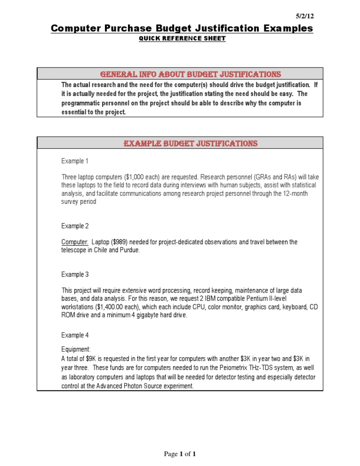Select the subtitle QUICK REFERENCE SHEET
tap(182, 38)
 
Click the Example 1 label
tap(75, 161)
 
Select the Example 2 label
tap(75, 226)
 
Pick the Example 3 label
tap(75, 274)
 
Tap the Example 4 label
tap(75, 335)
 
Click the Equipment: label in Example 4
tap(76, 349)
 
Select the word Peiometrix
tap(229, 368)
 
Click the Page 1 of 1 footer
tap(180, 454)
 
